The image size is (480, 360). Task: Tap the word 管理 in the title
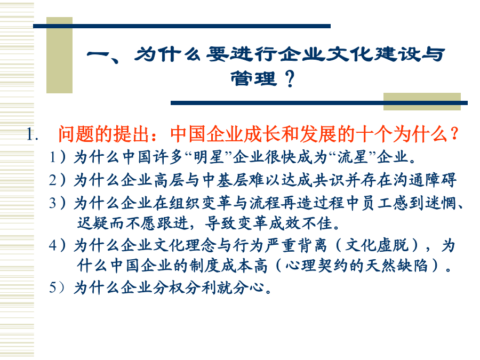coord(253,79)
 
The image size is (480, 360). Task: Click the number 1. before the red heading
coord(33,135)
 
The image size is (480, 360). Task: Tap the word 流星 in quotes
coord(352,157)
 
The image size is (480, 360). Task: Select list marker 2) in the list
coord(57,180)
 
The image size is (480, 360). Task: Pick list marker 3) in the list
coord(57,203)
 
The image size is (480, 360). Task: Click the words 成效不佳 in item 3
coord(301,223)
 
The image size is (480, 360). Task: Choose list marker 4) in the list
coord(57,245)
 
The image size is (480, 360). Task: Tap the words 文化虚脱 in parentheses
coord(377,245)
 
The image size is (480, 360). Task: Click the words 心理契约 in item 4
coord(317,266)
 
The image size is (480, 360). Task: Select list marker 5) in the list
coord(57,288)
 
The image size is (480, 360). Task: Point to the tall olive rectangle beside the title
coord(59,55)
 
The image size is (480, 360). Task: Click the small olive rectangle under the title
coord(422,101)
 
